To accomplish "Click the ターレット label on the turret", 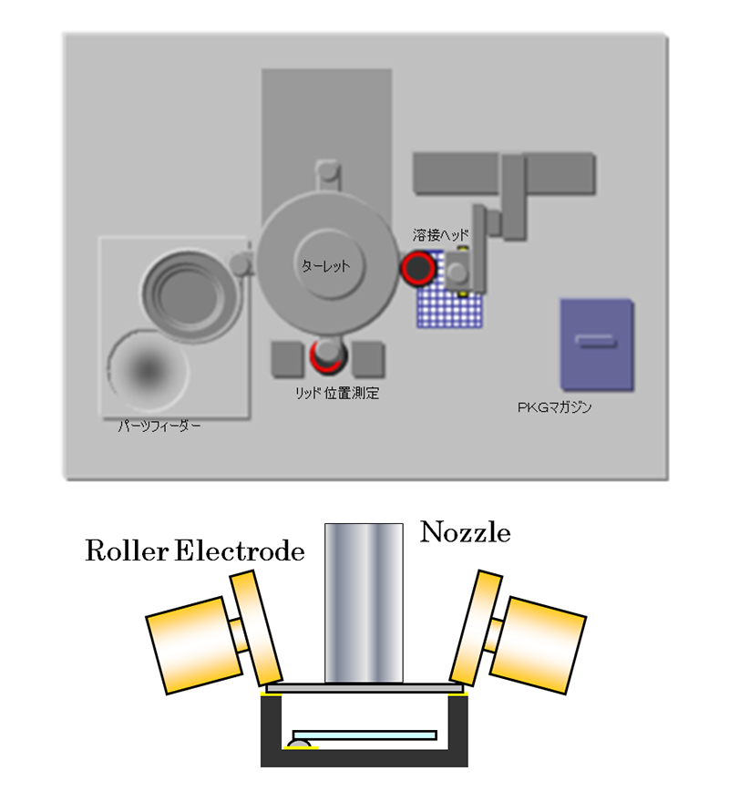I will [326, 267].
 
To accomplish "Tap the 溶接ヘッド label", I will [441, 235].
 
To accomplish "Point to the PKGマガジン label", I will [554, 407].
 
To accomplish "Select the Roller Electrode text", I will [194, 551].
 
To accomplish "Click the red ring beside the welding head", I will [418, 268].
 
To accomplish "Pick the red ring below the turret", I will [326, 355].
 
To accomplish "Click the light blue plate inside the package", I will [364, 735].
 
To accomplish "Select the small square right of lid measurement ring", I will [366, 359].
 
